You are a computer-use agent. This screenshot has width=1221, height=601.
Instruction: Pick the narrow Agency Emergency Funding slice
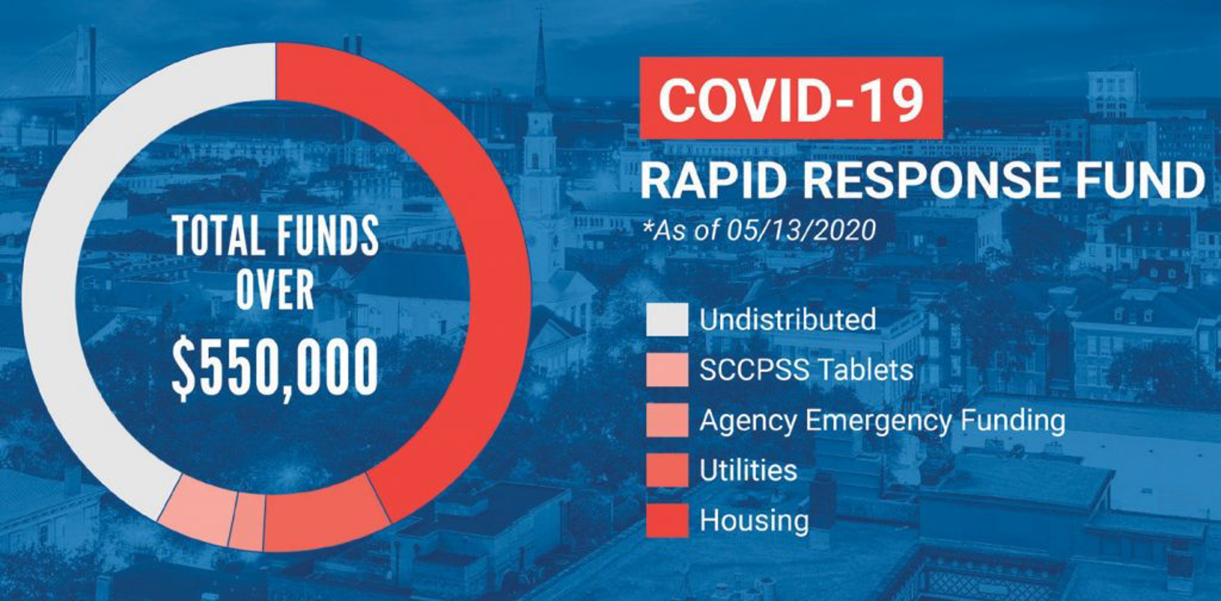247,521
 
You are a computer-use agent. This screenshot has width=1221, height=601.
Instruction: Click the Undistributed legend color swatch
667,319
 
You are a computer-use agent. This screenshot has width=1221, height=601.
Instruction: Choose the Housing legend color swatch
667,521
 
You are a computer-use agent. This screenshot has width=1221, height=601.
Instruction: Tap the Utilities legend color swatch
667,470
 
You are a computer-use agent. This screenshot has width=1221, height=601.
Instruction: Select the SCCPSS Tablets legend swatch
667,370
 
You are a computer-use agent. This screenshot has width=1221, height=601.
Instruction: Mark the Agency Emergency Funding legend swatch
667,420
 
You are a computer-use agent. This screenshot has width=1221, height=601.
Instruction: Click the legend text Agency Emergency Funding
882,421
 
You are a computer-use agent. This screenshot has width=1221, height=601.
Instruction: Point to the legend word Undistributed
788,319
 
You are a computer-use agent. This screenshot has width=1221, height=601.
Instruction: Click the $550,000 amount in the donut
275,368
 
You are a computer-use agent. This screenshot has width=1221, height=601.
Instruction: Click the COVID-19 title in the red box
791,99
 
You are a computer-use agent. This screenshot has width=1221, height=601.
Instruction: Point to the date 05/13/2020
801,230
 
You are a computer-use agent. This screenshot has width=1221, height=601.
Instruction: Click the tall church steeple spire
540,60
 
